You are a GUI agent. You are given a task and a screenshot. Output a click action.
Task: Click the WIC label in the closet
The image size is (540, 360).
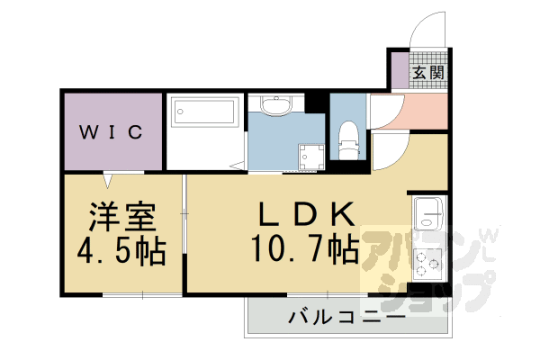click(112, 132)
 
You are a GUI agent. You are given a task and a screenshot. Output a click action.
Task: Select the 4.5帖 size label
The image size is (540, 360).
click(123, 251)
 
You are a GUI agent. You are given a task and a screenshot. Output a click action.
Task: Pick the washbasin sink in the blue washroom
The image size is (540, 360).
click(277, 107)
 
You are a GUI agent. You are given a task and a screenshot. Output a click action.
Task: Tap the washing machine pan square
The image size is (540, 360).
click(310, 154)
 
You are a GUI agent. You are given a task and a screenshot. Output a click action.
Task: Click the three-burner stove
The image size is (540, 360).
click(425, 262)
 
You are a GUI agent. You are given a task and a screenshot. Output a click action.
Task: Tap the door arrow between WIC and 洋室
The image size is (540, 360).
click(111, 176)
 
